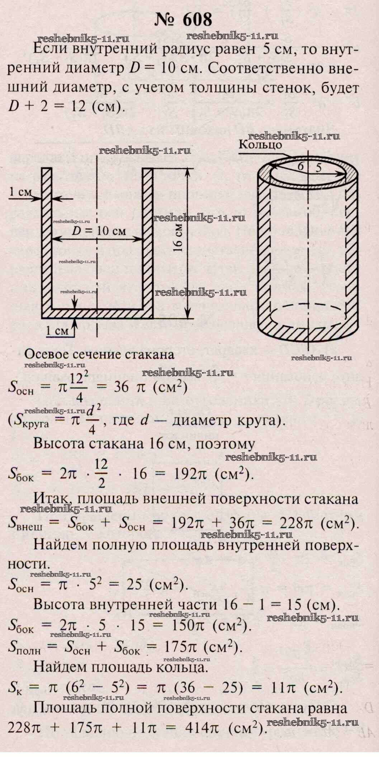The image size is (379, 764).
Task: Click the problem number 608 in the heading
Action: (x=197, y=20)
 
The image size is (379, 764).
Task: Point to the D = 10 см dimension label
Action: (x=99, y=231)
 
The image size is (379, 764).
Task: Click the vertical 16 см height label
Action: (x=178, y=238)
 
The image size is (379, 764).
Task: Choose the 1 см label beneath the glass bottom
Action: (x=57, y=331)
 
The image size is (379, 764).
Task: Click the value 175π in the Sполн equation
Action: (x=181, y=647)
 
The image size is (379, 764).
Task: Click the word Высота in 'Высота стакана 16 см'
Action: (x=59, y=444)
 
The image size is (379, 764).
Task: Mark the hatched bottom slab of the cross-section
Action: (x=97, y=313)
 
